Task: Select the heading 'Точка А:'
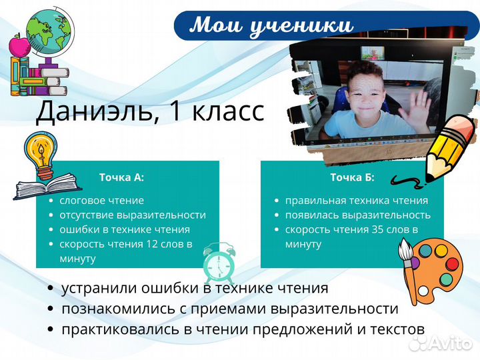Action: pos(121,177)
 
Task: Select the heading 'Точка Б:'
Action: pos(352,177)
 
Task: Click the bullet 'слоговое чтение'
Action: pos(101,200)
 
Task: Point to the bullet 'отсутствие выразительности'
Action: pos(133,215)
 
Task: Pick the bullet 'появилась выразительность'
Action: pos(357,215)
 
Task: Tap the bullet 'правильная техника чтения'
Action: pos(356,200)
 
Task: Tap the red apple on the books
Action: pos(18,47)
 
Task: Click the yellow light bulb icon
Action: pos(39,153)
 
